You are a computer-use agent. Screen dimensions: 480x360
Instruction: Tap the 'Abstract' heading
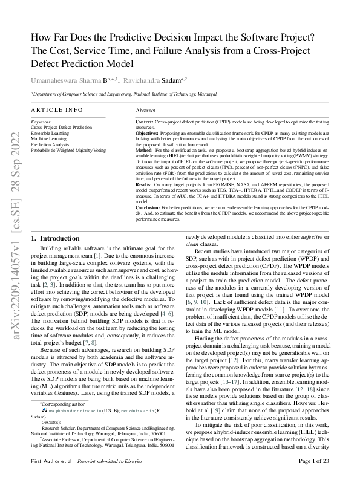pos(146,111)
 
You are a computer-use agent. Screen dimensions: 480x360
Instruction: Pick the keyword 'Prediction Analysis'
pos(51,144)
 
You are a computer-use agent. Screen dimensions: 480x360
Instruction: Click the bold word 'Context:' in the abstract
pos(145,122)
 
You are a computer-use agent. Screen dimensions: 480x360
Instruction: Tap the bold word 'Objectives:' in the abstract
pos(148,133)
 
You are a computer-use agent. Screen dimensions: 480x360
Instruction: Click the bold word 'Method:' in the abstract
pos(144,149)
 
